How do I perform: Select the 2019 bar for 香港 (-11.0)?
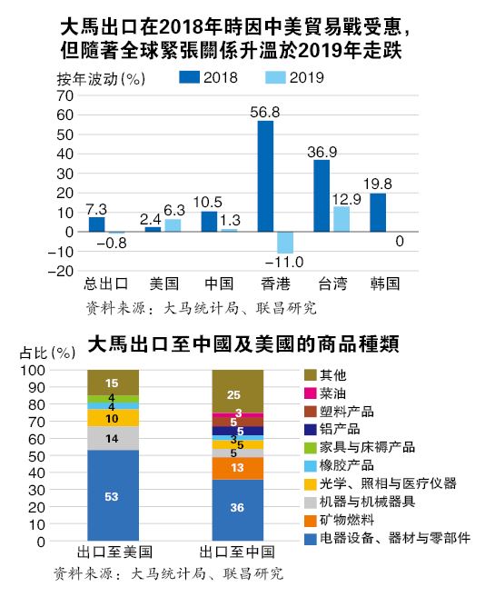coord(285,242)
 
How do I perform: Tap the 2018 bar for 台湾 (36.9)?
coord(322,194)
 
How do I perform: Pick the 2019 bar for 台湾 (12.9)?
coord(341,219)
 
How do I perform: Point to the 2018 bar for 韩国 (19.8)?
coord(378,212)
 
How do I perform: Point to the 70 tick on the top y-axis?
coord(63,95)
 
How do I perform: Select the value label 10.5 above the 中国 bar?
coord(209,203)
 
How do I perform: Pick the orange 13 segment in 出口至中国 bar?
coord(238,468)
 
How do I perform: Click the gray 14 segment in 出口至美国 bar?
coord(113,438)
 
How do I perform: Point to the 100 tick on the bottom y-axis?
coord(58,371)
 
